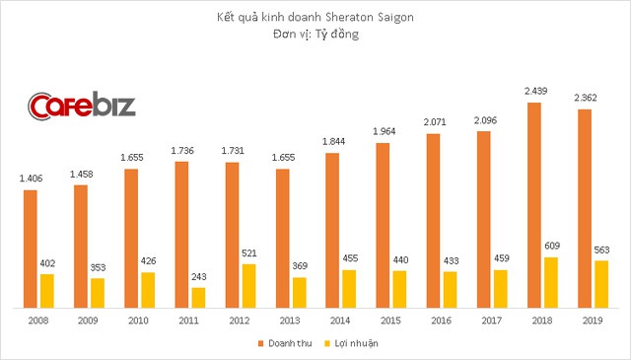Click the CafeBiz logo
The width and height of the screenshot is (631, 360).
click(79, 106)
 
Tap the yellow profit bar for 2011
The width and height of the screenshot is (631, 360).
click(198, 296)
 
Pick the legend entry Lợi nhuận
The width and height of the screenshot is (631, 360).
click(350, 342)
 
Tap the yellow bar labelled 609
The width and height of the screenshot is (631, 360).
click(551, 281)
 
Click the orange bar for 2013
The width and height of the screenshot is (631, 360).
click(281, 237)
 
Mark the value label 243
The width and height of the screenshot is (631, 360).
click(198, 277)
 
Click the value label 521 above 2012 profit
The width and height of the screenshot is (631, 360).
click(248, 253)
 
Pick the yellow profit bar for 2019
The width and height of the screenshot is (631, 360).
click(601, 283)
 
